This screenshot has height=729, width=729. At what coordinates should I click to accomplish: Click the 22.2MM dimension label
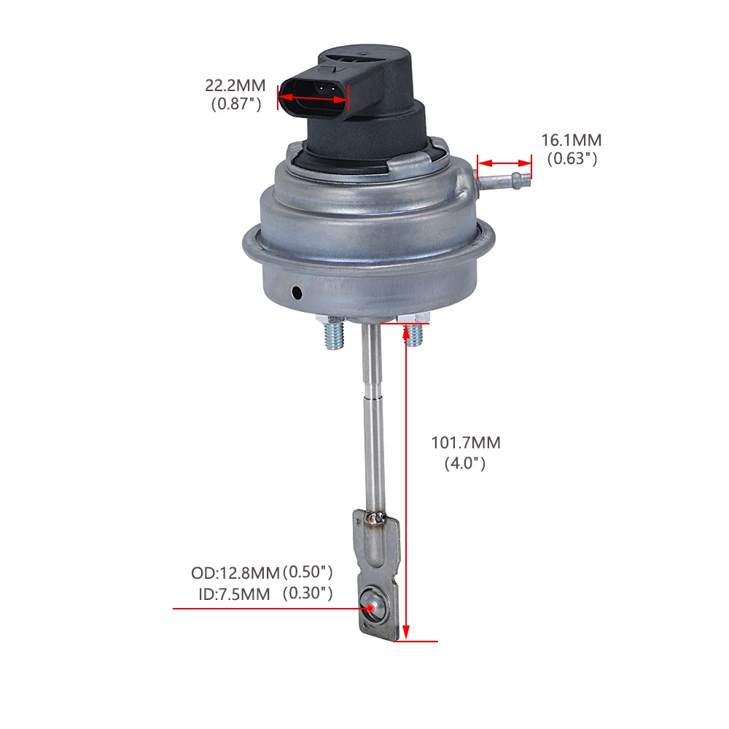click(235, 85)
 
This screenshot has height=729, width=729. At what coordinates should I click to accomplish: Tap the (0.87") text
click(236, 104)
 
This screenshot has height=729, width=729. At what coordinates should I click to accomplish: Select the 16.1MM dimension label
click(572, 140)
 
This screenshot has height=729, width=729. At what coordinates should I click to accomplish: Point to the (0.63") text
click(572, 158)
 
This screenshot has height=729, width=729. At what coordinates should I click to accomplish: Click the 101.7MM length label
click(466, 443)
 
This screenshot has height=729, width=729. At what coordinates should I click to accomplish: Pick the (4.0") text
click(465, 463)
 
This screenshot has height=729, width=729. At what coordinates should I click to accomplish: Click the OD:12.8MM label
click(235, 573)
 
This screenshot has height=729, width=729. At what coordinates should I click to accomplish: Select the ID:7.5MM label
click(234, 594)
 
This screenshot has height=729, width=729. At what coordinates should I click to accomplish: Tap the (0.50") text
click(308, 572)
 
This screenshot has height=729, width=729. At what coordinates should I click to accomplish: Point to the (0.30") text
click(308, 593)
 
